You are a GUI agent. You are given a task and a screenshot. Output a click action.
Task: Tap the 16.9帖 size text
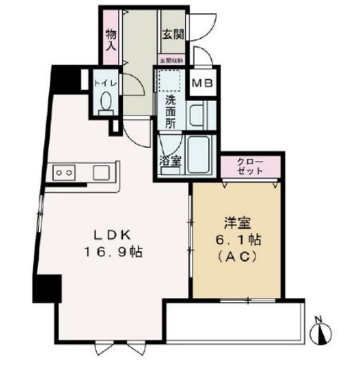point(115,253)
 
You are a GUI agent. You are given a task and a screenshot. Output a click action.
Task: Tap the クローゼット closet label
point(250,165)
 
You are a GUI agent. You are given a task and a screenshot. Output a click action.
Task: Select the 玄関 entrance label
point(172,33)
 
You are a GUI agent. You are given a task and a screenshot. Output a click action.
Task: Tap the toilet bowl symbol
point(106,105)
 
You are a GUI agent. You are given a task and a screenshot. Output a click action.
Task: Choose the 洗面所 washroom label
point(170,111)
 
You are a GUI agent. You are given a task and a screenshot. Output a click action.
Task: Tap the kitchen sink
point(99,172)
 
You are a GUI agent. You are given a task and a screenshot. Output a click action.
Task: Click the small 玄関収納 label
point(171,60)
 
